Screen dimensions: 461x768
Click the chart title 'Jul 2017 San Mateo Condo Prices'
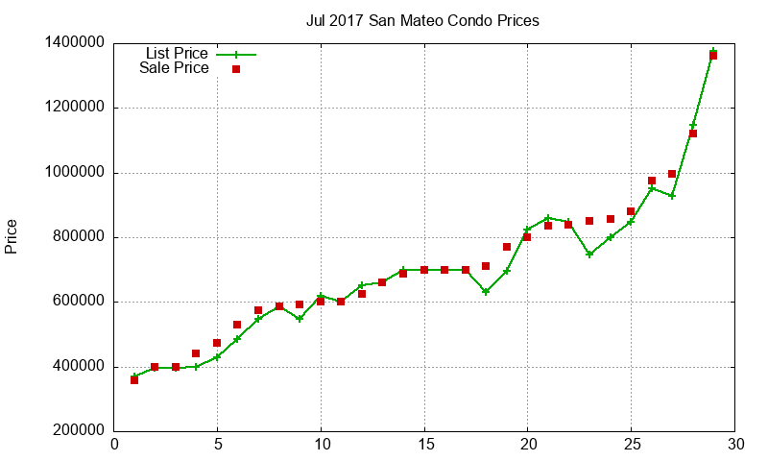tap(422, 20)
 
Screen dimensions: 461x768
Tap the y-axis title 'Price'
tap(12, 236)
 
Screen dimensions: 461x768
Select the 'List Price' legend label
tap(177, 54)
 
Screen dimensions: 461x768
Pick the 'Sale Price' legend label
tap(174, 68)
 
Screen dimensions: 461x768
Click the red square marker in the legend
tap(235, 69)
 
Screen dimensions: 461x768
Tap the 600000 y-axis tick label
tap(76, 302)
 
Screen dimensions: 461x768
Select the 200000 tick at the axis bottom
tap(76, 431)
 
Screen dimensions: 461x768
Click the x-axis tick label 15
tap(423, 444)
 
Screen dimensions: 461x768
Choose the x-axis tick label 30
tap(734, 444)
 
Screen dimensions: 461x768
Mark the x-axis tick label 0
tap(114, 444)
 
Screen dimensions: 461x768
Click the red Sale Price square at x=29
tap(713, 56)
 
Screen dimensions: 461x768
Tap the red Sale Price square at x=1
tap(134, 380)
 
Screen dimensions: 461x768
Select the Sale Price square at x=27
tap(672, 174)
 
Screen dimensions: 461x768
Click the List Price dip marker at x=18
tap(486, 291)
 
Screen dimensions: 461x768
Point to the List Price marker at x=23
tap(589, 254)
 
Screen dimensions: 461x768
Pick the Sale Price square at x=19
tap(507, 247)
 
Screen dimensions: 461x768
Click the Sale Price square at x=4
tap(196, 353)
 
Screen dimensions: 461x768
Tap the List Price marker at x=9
tap(300, 318)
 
